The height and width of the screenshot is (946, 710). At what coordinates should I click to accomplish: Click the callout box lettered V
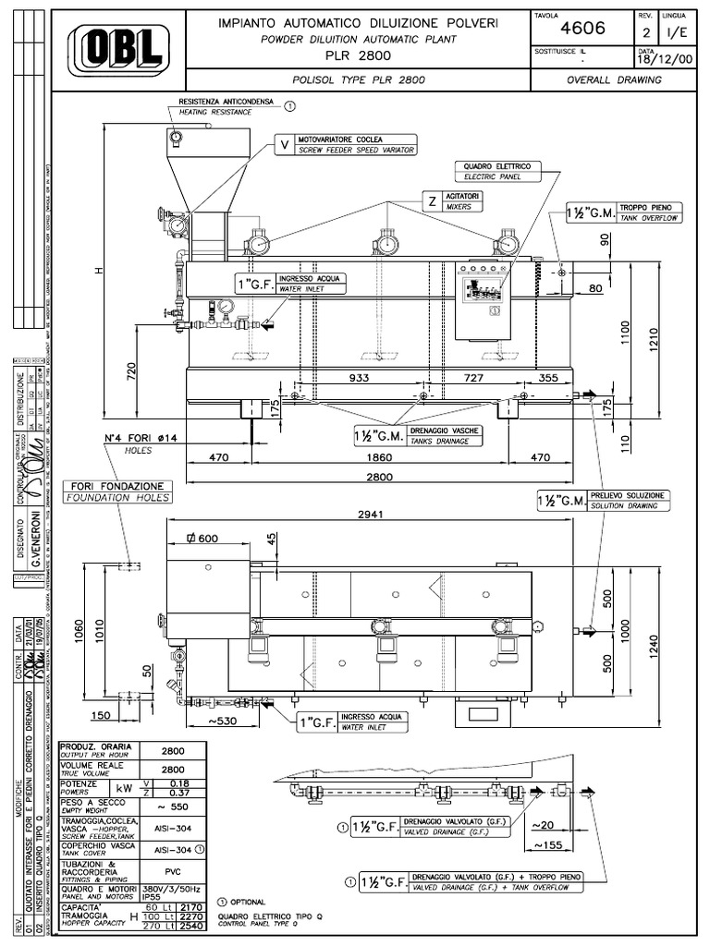[x=284, y=144]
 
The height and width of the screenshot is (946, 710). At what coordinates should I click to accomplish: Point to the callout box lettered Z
[x=432, y=200]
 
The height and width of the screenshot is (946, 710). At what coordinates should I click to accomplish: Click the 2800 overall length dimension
[x=379, y=477]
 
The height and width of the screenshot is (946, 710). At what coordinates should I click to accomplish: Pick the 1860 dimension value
[x=379, y=456]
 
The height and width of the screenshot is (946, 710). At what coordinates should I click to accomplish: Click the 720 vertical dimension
[x=131, y=371]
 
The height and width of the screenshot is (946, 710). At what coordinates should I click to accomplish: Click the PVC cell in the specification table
[x=173, y=870]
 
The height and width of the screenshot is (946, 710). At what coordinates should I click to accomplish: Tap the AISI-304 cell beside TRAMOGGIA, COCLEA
[x=173, y=829]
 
